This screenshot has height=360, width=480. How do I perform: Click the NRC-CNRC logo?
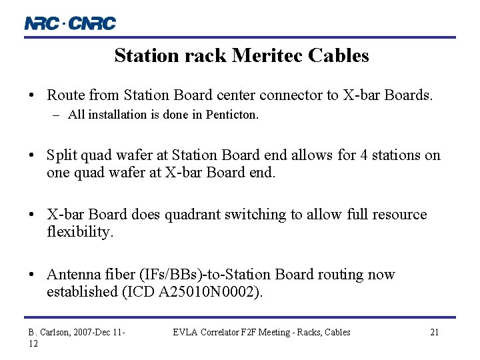click(x=70, y=23)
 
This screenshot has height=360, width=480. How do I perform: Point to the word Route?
click(x=65, y=95)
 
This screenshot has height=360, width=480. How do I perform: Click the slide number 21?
click(x=434, y=332)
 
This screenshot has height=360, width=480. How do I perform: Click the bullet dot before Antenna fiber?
click(x=33, y=275)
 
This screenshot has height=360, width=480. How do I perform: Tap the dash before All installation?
click(x=58, y=115)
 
